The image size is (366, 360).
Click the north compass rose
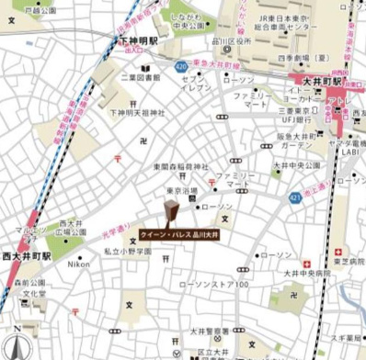pos(16,343)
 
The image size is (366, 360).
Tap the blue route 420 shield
pos(181,66)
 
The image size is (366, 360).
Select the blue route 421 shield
pos(294,197)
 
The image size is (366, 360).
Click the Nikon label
pos(79,264)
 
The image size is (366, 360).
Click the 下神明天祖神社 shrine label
pos(137,113)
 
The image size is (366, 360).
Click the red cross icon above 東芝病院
pos(337,250)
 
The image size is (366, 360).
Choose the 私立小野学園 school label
pos(127,250)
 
